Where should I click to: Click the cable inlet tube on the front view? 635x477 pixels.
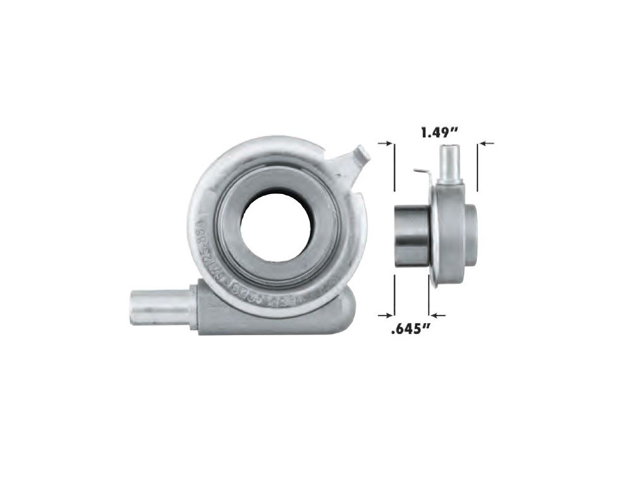click(x=161, y=307)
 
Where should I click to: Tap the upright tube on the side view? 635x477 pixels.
click(x=450, y=162)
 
